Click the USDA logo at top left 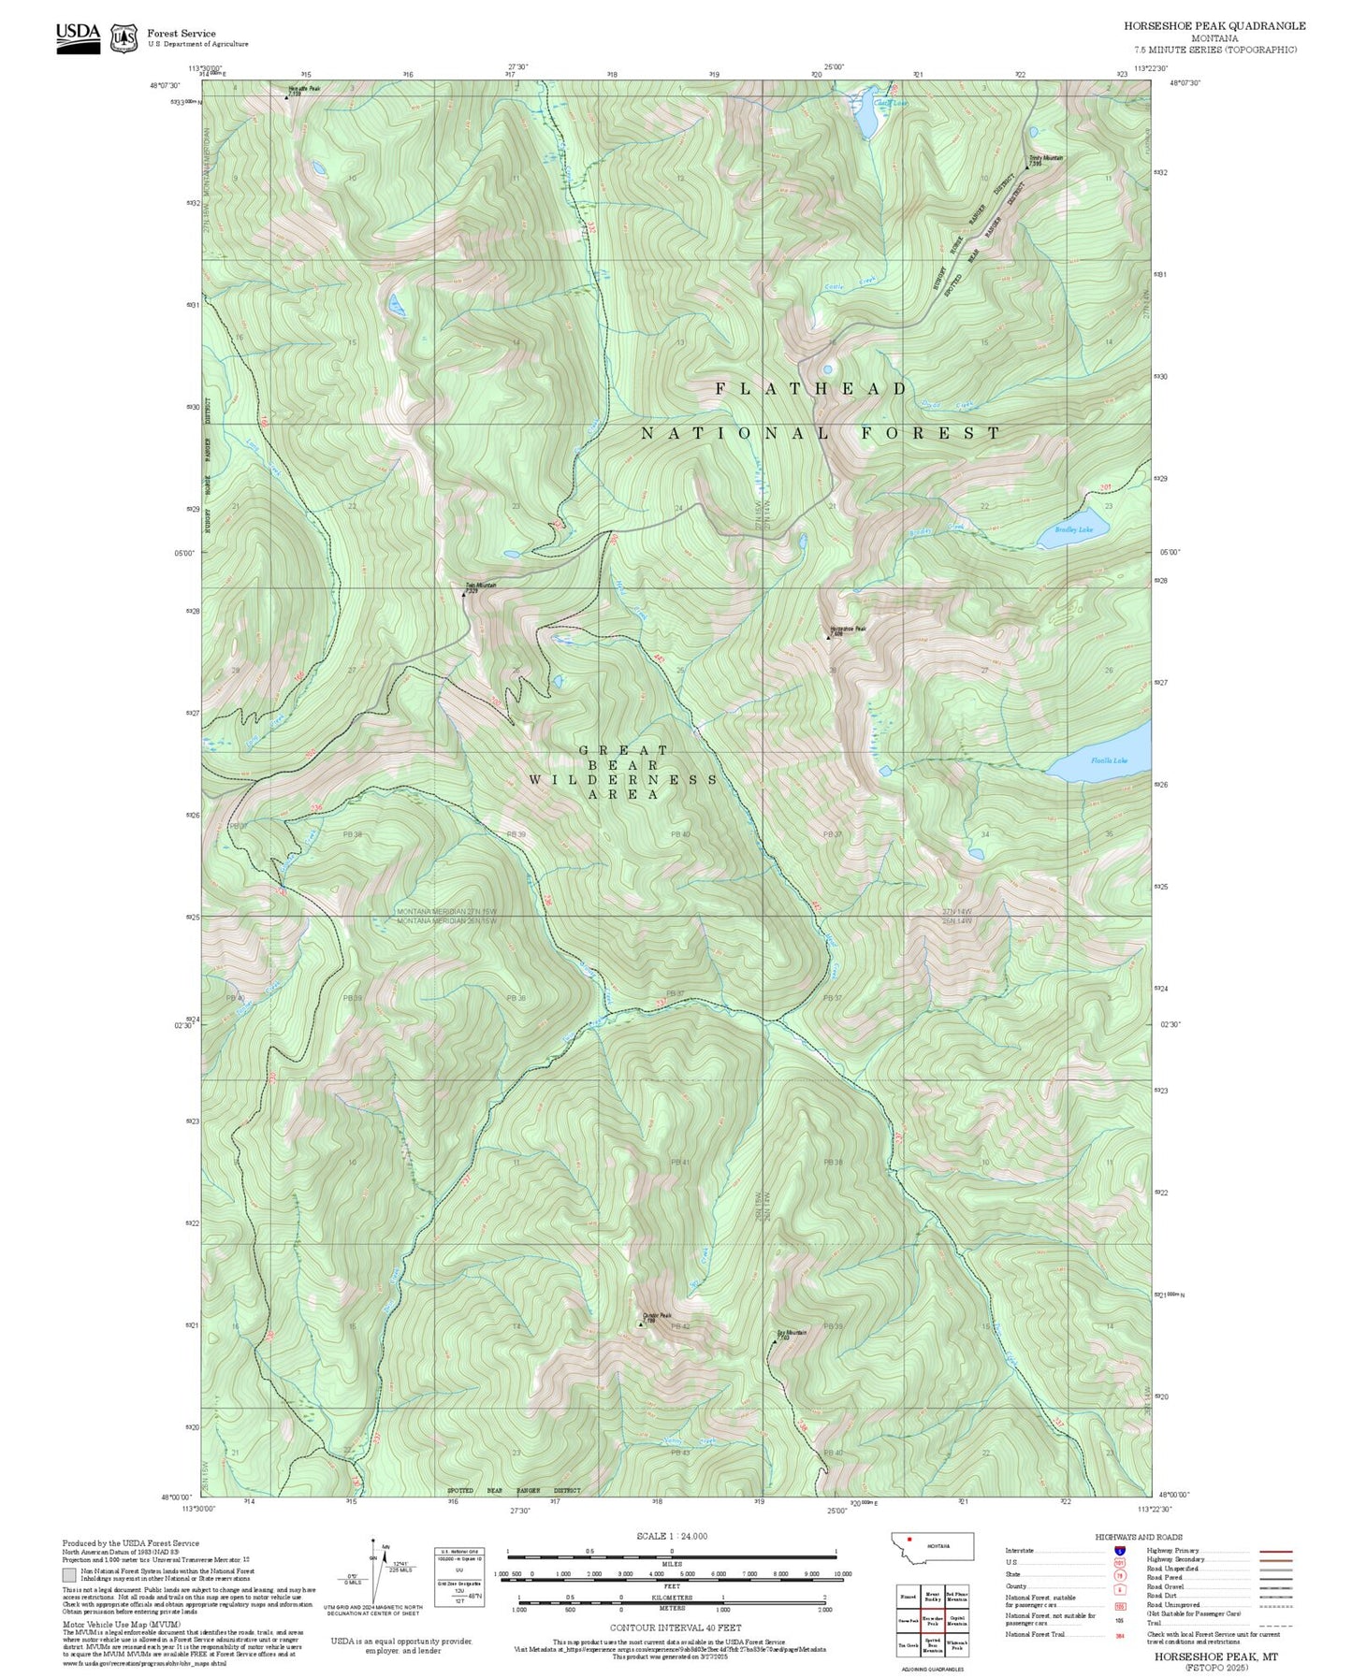point(78,37)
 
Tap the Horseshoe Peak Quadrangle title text point(1214,26)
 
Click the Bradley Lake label point(1073,529)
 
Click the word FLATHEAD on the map point(811,388)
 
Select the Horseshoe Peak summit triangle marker point(828,637)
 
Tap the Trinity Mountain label point(1045,159)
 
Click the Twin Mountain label point(481,586)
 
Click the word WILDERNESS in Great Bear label point(623,779)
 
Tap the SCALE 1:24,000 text point(672,1536)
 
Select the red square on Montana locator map point(909,1539)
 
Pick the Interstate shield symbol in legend point(1119,1551)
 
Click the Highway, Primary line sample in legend point(1275,1551)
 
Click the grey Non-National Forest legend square point(68,1574)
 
